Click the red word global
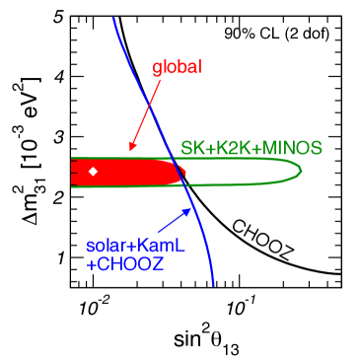pyautogui.click(x=177, y=68)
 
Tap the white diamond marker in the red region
pyautogui.click(x=93, y=172)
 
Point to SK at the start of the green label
pyautogui.click(x=190, y=148)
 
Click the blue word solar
pyautogui.click(x=105, y=245)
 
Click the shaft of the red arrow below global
pyautogui.click(x=148, y=113)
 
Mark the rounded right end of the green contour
pyautogui.click(x=300, y=171)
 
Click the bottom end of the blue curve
pyautogui.click(x=213, y=286)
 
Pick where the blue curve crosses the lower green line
pyautogui.click(x=186, y=185)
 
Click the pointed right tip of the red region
pyautogui.click(x=186, y=174)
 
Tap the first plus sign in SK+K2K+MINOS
pyautogui.click(x=204, y=148)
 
